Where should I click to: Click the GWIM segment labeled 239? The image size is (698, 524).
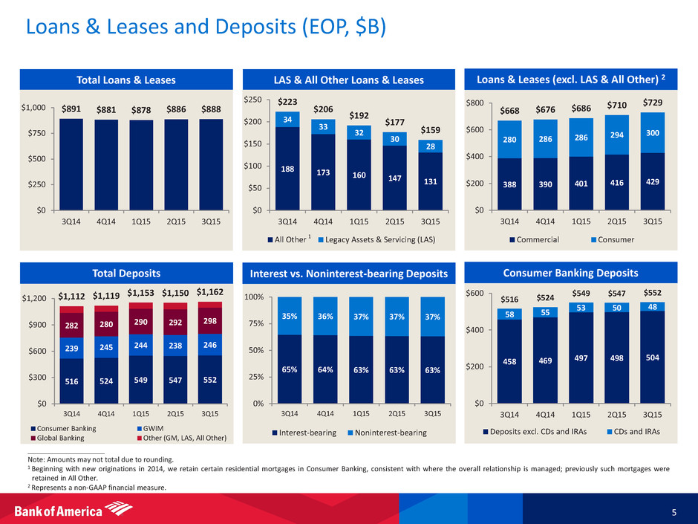coord(71,348)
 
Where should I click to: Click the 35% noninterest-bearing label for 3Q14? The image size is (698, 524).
coord(294,316)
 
